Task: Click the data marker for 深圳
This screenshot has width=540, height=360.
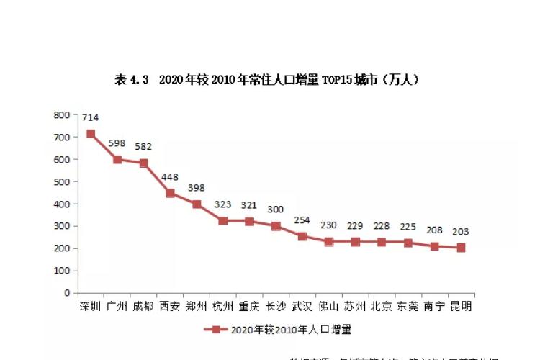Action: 91,133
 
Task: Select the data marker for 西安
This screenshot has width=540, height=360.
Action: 170,193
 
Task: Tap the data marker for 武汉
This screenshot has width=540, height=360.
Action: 302,236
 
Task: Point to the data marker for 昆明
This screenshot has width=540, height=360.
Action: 461,248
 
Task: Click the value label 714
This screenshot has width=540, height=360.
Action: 91,117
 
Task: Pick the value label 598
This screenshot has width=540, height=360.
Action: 117,143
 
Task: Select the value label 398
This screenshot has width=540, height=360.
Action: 197,188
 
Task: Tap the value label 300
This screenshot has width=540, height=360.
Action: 276,210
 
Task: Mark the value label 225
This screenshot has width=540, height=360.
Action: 408,227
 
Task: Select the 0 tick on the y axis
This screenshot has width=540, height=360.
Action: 66,293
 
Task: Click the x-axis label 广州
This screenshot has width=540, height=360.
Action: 117,306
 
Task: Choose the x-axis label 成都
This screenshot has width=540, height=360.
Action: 143,306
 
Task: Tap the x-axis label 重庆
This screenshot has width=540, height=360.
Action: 249,306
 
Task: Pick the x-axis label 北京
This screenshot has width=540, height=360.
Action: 382,306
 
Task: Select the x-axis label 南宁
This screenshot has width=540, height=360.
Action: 434,306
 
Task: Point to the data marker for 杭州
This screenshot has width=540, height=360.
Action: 223,221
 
